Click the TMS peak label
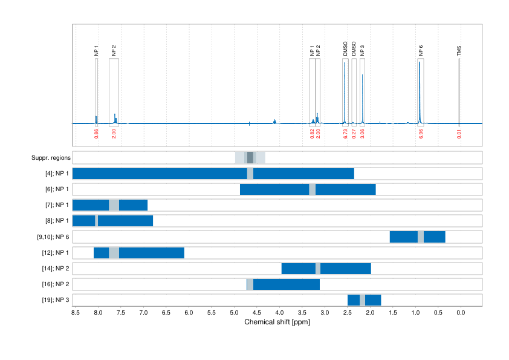click(459, 52)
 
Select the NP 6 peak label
click(421, 51)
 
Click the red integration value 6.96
click(421, 134)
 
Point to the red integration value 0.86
click(96, 134)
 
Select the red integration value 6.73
click(345, 134)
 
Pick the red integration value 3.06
click(362, 134)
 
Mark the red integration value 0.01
click(459, 134)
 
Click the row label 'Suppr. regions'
click(51, 158)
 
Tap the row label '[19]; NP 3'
click(54, 299)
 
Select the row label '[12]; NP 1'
click(54, 252)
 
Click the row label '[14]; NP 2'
click(54, 268)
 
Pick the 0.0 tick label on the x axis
click(460, 313)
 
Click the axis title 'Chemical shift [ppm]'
click(277, 322)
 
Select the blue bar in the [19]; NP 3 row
click(353, 299)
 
